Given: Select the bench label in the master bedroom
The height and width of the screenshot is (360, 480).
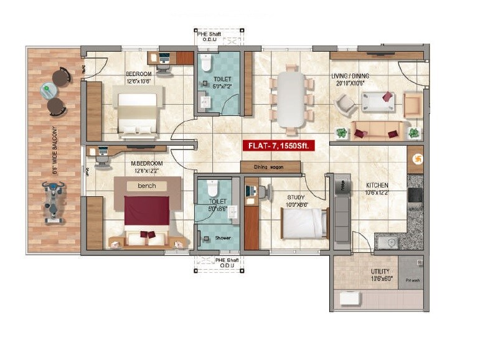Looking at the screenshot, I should tap(147, 186).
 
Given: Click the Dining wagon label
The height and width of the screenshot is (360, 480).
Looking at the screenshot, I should tap(270, 167).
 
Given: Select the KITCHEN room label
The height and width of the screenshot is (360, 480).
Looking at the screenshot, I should tap(377, 185).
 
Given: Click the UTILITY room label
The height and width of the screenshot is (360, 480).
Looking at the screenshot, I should tap(380, 272).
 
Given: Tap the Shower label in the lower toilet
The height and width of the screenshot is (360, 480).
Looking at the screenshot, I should tap(222, 238).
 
